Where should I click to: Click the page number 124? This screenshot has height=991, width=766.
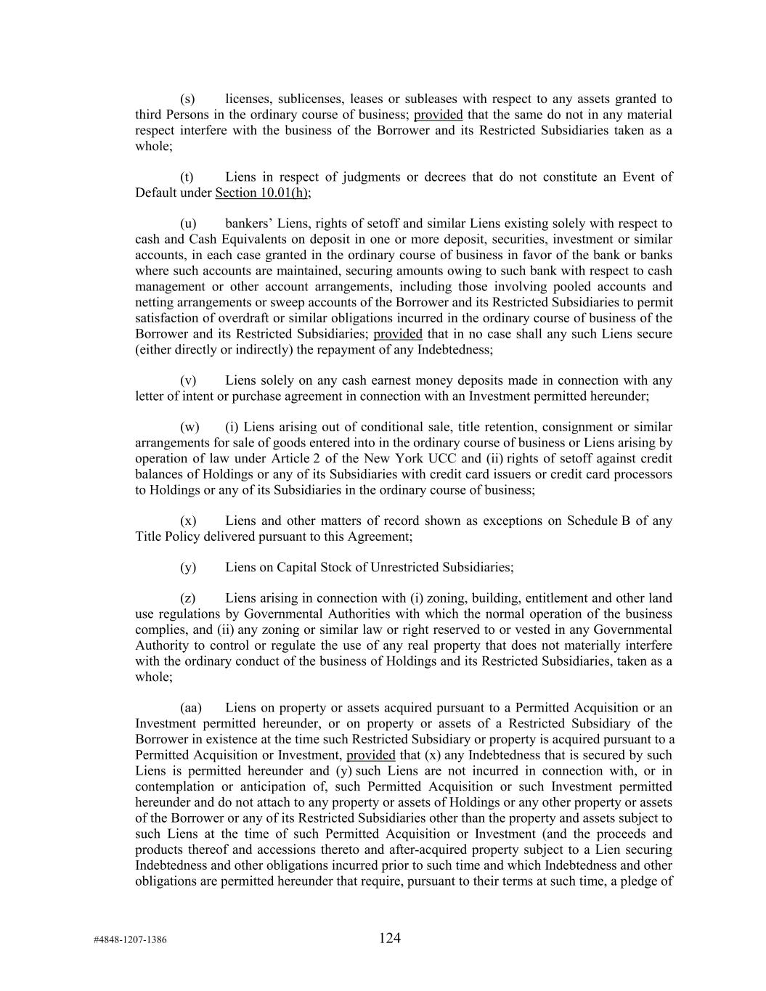389,938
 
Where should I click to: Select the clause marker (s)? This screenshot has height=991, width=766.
188,99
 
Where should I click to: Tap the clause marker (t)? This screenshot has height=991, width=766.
187,176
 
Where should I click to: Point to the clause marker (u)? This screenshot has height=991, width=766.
188,224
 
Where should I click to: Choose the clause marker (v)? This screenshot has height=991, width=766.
188,380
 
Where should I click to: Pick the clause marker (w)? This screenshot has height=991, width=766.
189,427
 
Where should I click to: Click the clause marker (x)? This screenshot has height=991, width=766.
188,521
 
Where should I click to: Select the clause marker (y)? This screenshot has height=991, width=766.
188,567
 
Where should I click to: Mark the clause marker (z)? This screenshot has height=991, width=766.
188,598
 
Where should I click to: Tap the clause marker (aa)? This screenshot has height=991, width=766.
191,707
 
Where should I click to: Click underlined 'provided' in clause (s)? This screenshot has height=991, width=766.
438,115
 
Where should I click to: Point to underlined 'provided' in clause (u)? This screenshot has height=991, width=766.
398,334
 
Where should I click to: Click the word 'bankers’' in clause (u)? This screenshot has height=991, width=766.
248,224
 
